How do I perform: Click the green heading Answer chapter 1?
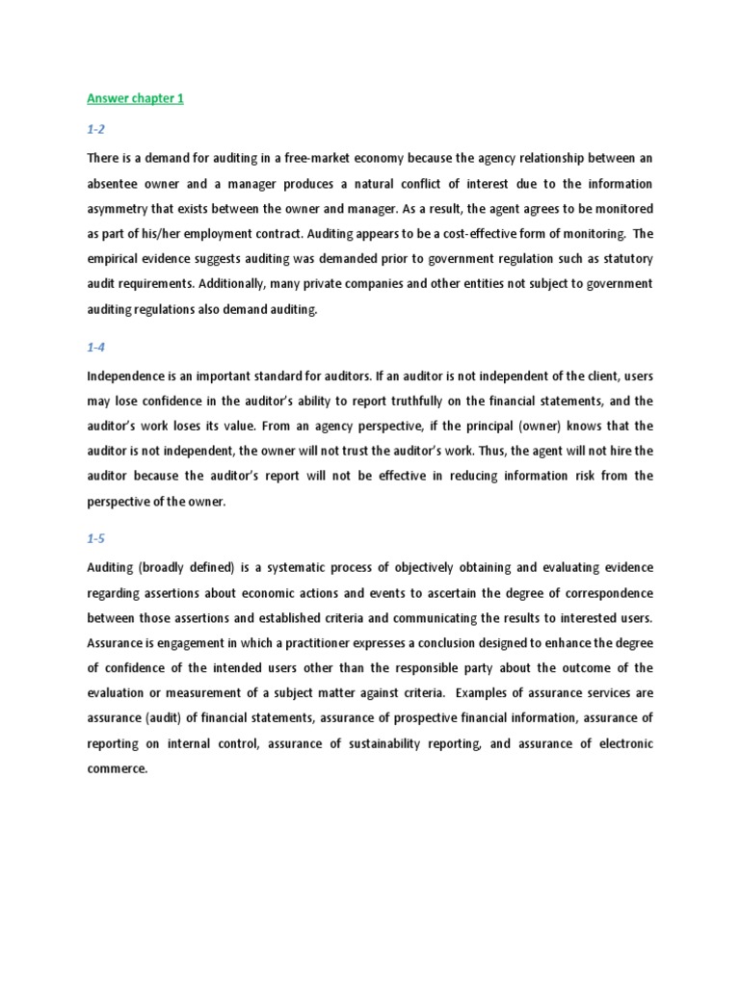coord(135,98)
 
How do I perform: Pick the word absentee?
coord(114,183)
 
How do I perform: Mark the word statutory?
coord(622,259)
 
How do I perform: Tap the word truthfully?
coord(390,401)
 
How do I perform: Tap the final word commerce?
coord(117,769)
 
